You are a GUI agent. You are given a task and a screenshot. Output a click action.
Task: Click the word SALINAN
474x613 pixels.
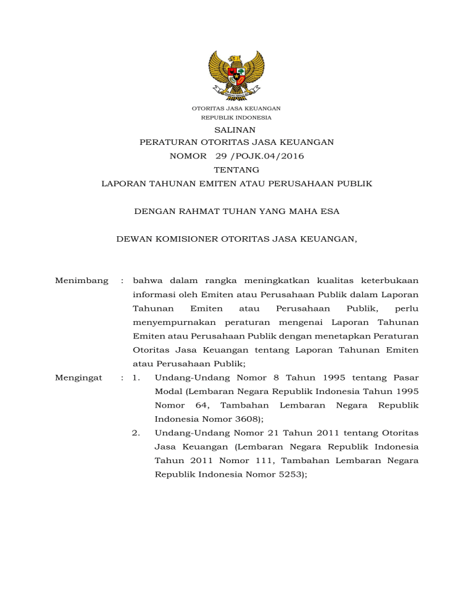point(236,130)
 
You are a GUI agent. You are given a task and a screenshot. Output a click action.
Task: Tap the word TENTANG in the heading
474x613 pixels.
point(236,170)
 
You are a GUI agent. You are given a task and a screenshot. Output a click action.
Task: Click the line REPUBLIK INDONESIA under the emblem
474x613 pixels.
point(236,117)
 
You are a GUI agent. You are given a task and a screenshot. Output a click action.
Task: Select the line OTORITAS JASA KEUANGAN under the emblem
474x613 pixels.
point(236,109)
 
